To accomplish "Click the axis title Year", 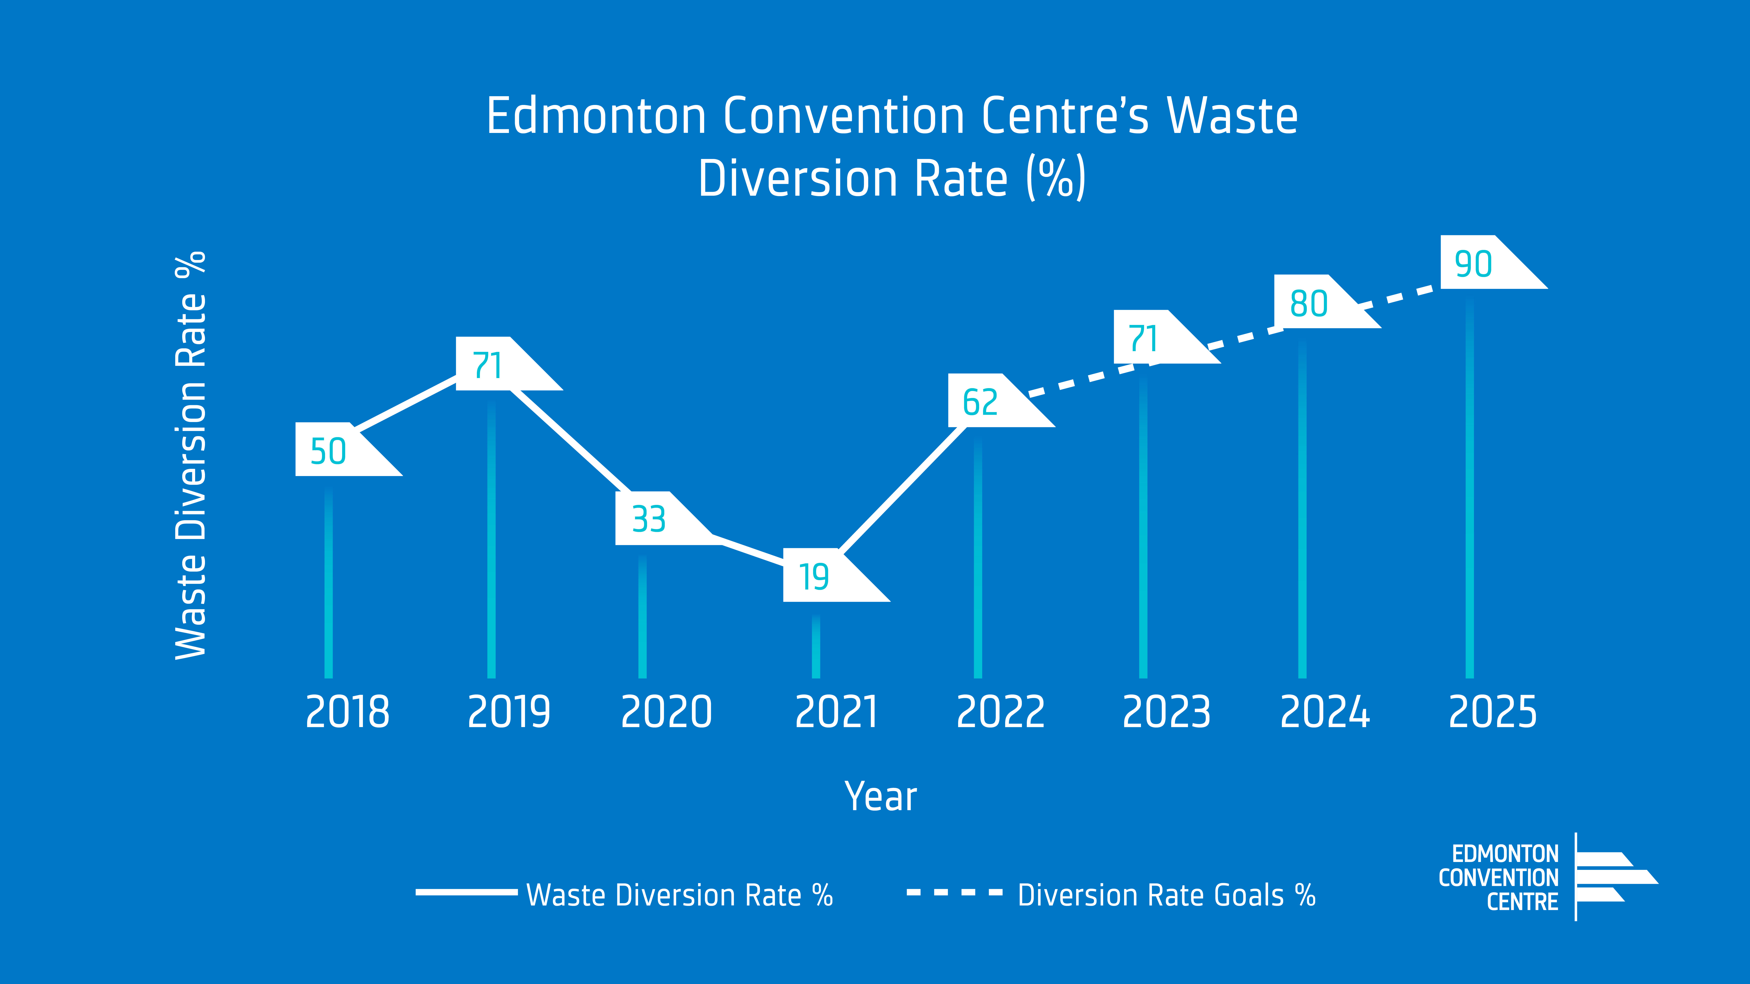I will point(880,797).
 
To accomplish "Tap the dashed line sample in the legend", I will point(954,892).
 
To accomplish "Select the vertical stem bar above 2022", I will point(978,557).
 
